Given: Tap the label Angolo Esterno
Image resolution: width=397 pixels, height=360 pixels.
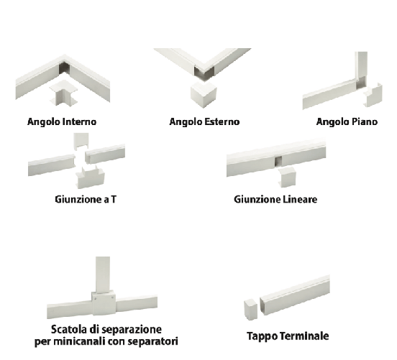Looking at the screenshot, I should [x=204, y=121].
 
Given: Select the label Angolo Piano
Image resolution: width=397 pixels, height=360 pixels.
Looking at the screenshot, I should [x=347, y=121].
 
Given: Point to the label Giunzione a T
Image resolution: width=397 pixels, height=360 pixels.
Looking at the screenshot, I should [x=85, y=199].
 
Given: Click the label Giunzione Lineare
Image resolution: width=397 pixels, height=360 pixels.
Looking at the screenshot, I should [x=275, y=199].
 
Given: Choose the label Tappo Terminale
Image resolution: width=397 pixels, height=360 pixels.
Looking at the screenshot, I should [x=288, y=336].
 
